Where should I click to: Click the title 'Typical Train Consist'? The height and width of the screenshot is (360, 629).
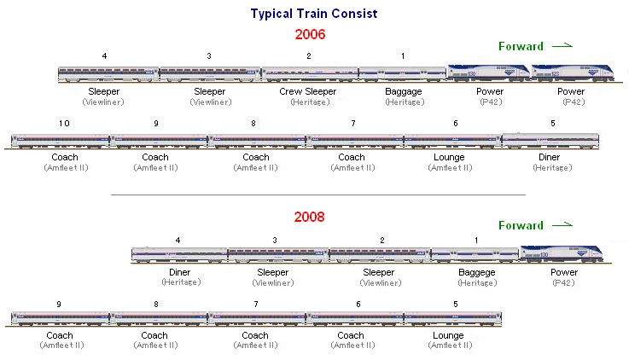tap(313, 14)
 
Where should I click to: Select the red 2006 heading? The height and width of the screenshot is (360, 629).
tap(311, 35)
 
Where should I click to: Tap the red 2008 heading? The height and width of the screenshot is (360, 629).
tap(311, 217)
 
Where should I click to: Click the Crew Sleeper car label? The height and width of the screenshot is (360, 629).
tap(308, 90)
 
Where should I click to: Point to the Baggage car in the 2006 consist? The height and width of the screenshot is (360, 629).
tap(403, 75)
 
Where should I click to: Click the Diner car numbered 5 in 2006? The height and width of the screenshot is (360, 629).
tap(551, 141)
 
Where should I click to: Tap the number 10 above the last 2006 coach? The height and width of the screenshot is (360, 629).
tap(64, 124)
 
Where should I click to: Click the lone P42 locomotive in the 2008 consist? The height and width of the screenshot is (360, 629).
tap(562, 253)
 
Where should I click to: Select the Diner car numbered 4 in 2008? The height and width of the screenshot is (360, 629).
tap(179, 255)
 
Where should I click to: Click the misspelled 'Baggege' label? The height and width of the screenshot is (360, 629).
tap(476, 272)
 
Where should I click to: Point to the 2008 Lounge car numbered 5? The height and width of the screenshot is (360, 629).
tap(452, 318)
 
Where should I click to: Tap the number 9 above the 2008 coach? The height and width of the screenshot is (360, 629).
tap(58, 305)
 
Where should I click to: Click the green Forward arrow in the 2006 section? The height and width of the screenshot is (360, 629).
tap(562, 45)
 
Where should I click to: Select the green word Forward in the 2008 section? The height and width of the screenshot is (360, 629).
tap(521, 226)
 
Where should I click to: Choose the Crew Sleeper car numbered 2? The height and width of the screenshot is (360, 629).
tap(309, 75)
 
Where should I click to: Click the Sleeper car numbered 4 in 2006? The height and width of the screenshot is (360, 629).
tap(108, 75)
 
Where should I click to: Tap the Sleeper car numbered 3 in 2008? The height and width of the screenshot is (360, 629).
tap(277, 255)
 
